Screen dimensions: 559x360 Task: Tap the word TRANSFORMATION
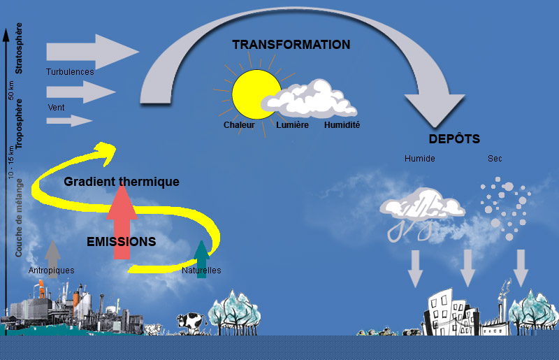pyautogui.click(x=291, y=45)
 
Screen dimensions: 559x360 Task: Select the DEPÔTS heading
pyautogui.click(x=454, y=139)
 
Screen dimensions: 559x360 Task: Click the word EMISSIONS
pyautogui.click(x=121, y=242)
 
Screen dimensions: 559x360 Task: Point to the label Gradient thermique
pyautogui.click(x=121, y=182)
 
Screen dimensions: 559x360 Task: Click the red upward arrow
pyautogui.click(x=122, y=221)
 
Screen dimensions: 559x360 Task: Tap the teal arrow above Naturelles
pyautogui.click(x=201, y=259)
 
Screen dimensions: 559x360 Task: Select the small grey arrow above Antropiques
pyautogui.click(x=53, y=259)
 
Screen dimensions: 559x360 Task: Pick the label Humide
pyautogui.click(x=420, y=159)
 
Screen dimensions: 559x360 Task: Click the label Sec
pyautogui.click(x=495, y=159)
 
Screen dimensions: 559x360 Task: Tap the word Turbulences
pyautogui.click(x=70, y=72)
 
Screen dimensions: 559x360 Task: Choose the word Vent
pyautogui.click(x=56, y=108)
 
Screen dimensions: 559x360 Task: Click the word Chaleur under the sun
pyautogui.click(x=239, y=125)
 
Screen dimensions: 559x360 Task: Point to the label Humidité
pyautogui.click(x=342, y=125)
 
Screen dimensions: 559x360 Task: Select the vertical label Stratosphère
pyautogui.click(x=19, y=48)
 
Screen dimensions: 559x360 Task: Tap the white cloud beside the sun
pyautogui.click(x=309, y=99)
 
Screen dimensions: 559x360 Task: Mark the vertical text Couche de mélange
pyautogui.click(x=19, y=217)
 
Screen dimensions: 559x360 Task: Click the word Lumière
pyautogui.click(x=292, y=125)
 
